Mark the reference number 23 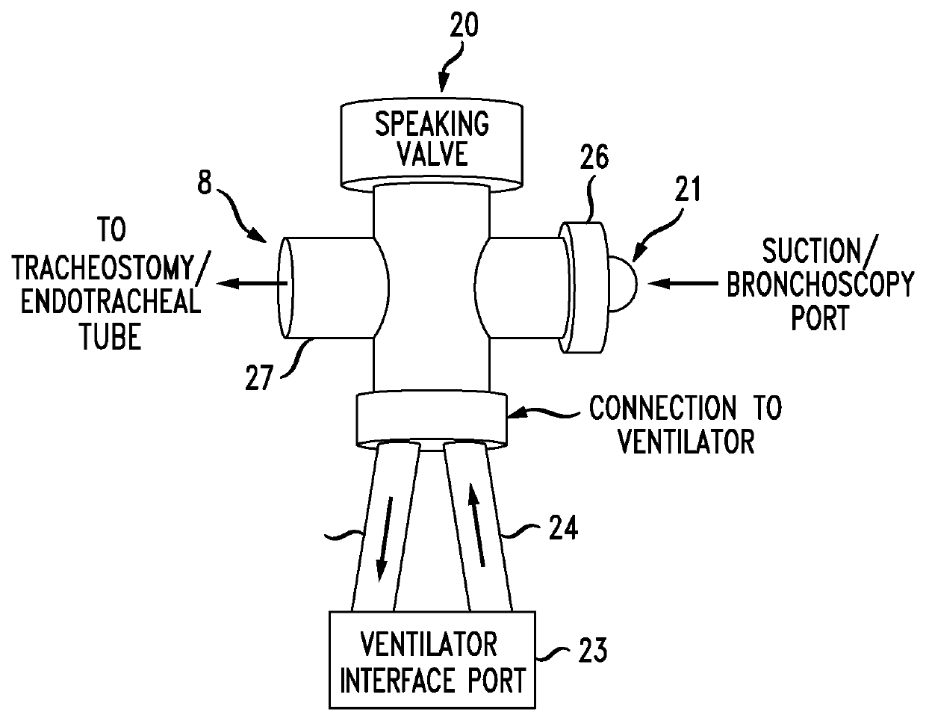592,651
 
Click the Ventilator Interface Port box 432,660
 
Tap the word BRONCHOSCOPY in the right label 820,286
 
